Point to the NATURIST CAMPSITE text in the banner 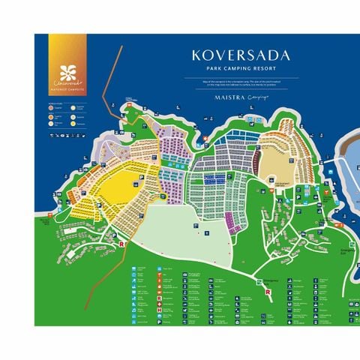coord(67,89)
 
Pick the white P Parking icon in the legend coord(159,292)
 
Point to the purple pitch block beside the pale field coord(230,221)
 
